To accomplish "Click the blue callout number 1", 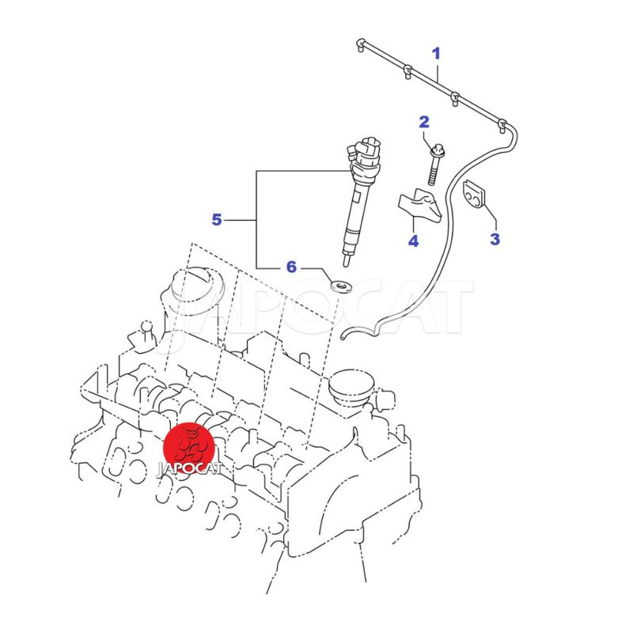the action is pos(436,53).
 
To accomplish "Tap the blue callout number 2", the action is pos(424,122).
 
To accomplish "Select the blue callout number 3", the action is pos(495,239).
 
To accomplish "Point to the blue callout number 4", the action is pos(413,241).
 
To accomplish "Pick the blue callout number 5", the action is pos(217,220).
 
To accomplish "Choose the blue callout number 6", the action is pos(291,267).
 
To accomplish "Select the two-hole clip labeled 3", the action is pos(473,194).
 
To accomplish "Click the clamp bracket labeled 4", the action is pos(419,205).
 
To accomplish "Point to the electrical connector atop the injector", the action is pos(365,151).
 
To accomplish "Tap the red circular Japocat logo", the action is pos(189,448).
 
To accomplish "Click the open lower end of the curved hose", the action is pos(343,335).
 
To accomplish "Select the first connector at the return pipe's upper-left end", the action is pos(361,44).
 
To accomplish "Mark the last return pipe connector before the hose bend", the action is pos(502,125).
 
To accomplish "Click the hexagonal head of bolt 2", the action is pos(438,150).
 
